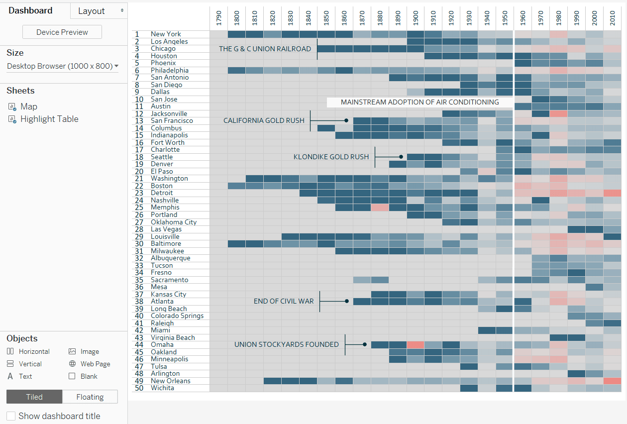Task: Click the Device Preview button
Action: coord(62,32)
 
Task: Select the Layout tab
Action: coord(99,11)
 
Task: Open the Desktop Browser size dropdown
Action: coord(63,66)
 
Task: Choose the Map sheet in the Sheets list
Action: coord(28,106)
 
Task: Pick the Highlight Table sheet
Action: coord(49,119)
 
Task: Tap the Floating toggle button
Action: coord(90,397)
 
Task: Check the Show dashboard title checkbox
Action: coord(11,416)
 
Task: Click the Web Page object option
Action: coord(95,364)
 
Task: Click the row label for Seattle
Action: coord(162,157)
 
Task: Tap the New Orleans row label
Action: coord(170,381)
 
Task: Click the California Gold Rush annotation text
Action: coord(264,120)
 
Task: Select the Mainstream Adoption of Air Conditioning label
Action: coord(419,102)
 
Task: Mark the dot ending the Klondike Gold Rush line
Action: coord(401,157)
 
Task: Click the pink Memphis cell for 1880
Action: coord(380,208)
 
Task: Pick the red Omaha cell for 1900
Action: coord(416,344)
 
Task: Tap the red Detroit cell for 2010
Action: coord(612,193)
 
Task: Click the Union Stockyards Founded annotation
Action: coord(286,344)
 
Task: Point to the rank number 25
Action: coord(139,208)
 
